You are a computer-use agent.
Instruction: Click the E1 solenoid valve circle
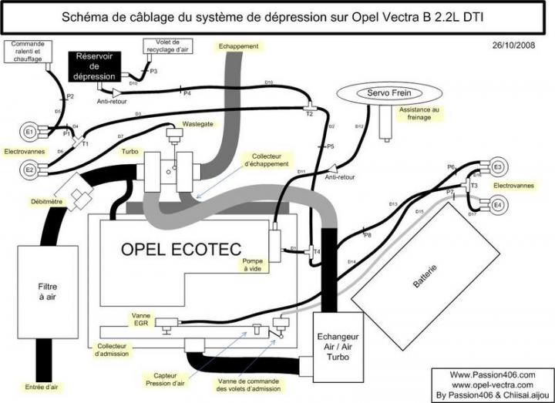tap(30, 132)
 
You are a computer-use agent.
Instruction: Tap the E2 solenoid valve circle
tap(30, 169)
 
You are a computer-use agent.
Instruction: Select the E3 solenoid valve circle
tap(497, 167)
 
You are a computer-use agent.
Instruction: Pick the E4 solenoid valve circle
tap(497, 205)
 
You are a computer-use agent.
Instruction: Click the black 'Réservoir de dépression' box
tap(94, 67)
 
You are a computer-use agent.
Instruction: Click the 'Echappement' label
tap(238, 46)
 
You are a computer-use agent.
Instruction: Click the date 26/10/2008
tap(513, 45)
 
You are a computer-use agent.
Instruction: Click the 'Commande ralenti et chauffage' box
tap(28, 52)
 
